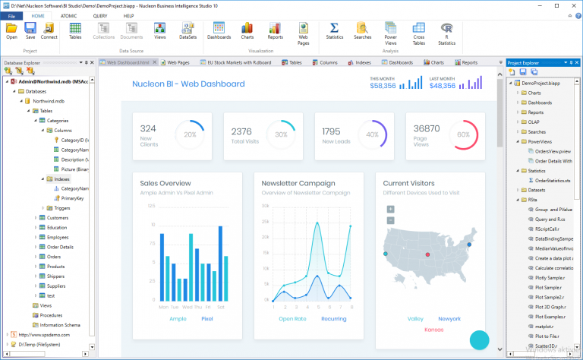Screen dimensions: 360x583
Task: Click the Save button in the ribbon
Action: tap(30, 30)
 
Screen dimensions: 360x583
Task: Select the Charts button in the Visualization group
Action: tap(247, 30)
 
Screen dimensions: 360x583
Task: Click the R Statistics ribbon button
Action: tap(447, 33)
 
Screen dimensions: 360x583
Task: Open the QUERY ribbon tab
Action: tap(99, 15)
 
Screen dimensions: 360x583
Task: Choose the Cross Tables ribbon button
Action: tap(419, 33)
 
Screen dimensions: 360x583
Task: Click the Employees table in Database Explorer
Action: tap(58, 237)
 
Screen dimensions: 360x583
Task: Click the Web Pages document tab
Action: tap(178, 62)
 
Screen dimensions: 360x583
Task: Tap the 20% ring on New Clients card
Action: tap(189, 134)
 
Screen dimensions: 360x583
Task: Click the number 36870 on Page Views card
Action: tap(426, 128)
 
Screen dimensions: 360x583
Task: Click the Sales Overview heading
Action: tap(165, 183)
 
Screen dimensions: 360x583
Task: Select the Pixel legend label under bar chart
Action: tap(206, 318)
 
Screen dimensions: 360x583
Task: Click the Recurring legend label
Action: tap(333, 318)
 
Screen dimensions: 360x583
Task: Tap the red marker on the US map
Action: tap(427, 254)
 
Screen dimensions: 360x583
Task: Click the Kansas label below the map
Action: tap(433, 330)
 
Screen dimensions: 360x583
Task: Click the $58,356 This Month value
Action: tap(383, 86)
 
